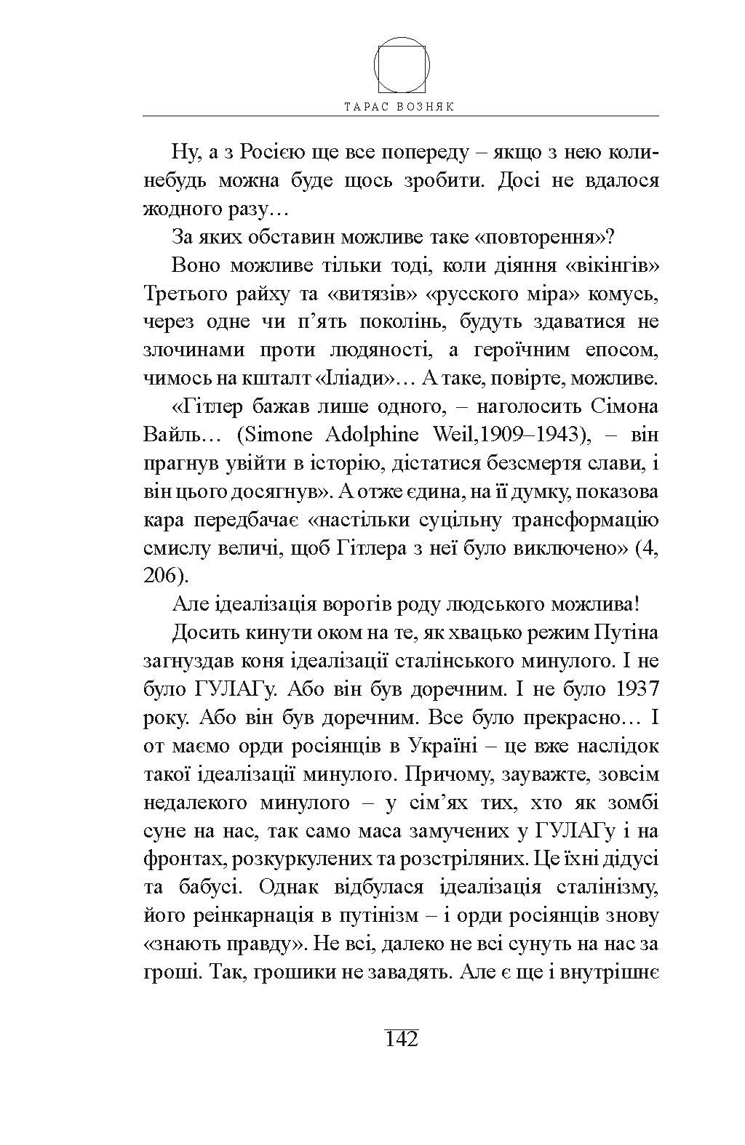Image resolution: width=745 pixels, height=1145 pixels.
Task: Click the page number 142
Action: (x=401, y=1038)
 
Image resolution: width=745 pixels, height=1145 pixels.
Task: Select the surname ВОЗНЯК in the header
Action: (x=427, y=105)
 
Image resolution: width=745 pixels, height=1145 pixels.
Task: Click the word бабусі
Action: (x=210, y=888)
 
